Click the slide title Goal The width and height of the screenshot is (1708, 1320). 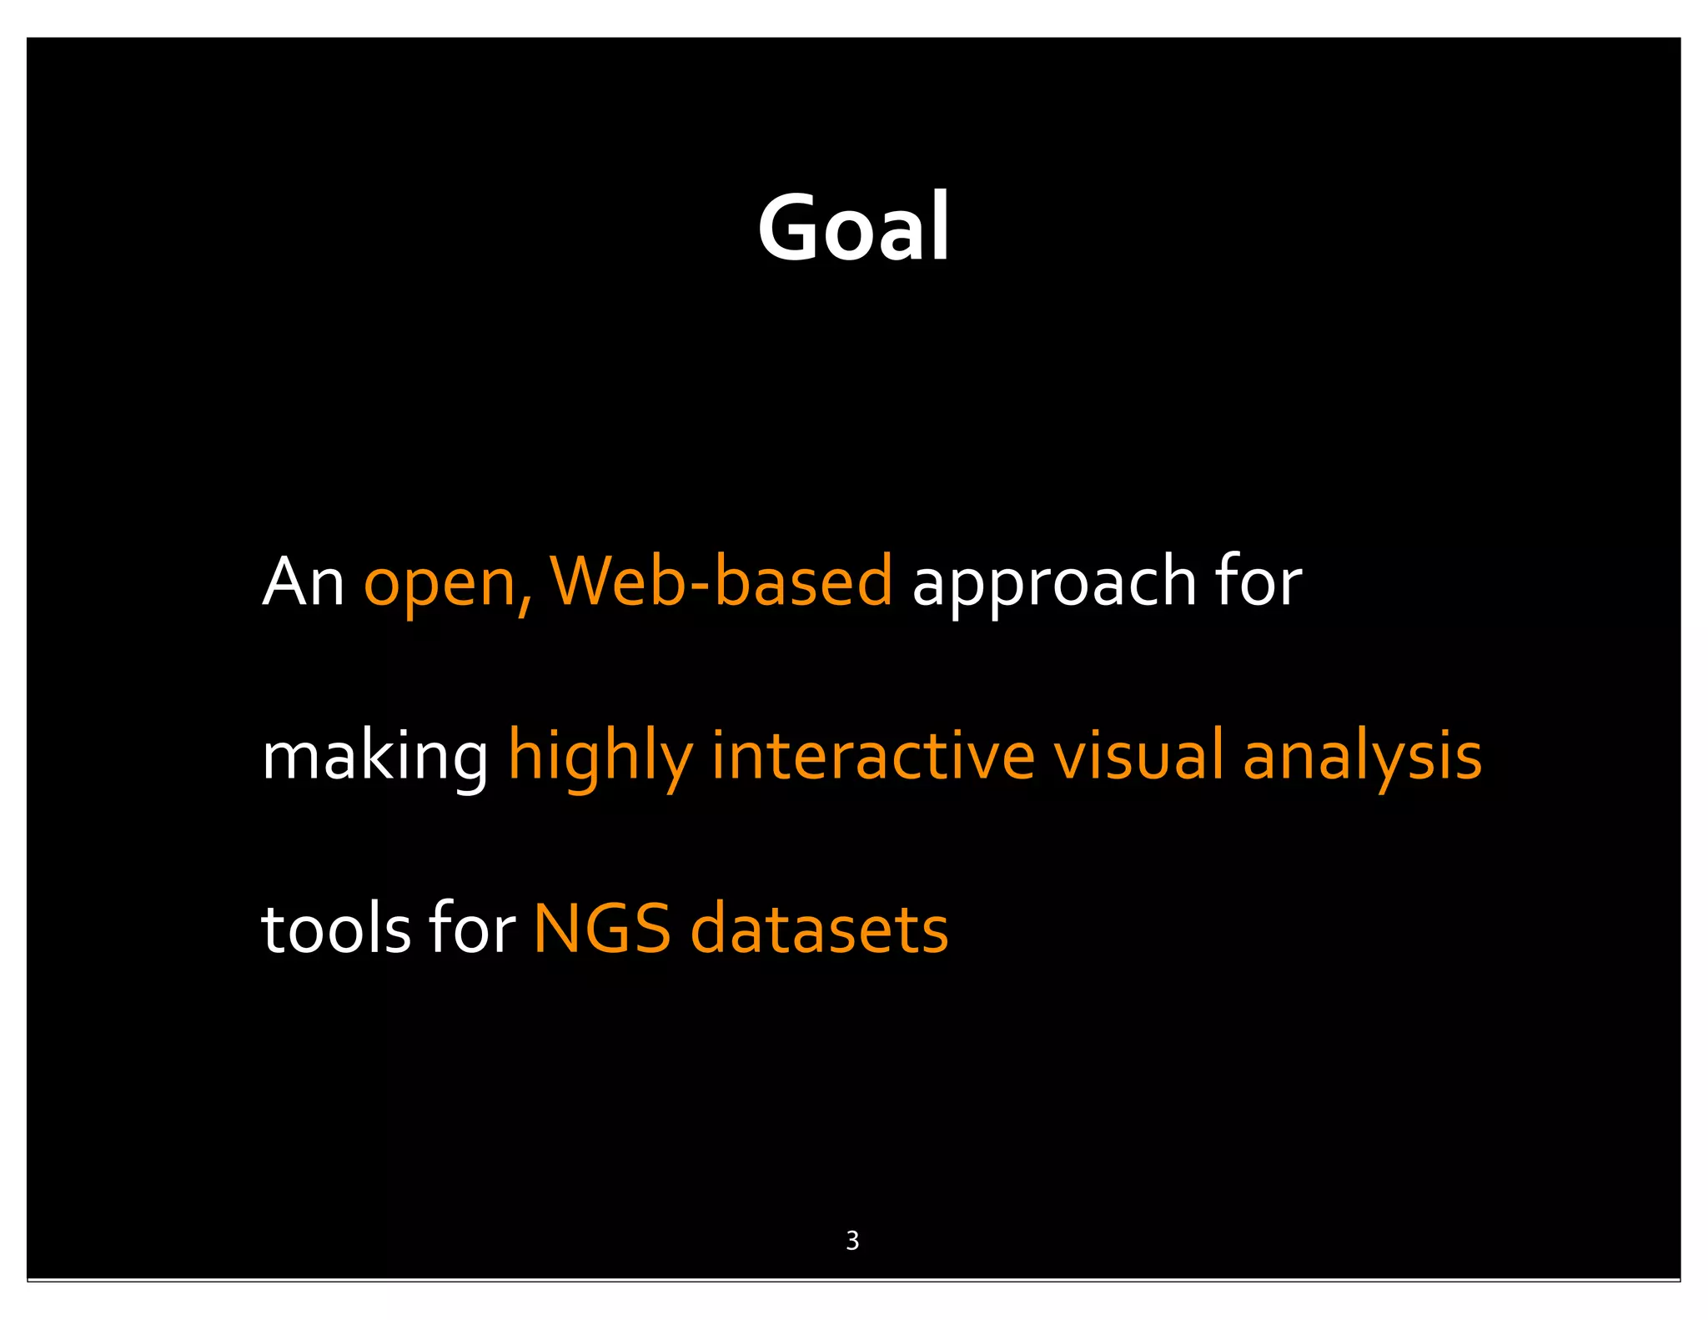pos(853,227)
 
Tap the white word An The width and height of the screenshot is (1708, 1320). pos(303,582)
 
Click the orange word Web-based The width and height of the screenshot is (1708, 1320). pos(721,582)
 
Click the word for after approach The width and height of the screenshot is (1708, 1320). pos(1258,582)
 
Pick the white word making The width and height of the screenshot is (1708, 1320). pos(374,757)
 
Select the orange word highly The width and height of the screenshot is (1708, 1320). pos(600,757)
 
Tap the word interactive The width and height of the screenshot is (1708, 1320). pos(872,755)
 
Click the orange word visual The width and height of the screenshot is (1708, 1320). pos(1138,755)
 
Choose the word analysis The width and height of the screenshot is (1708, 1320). pos(1362,757)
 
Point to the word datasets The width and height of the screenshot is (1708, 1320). pos(819,930)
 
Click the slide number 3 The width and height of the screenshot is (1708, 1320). pos(852,1241)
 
